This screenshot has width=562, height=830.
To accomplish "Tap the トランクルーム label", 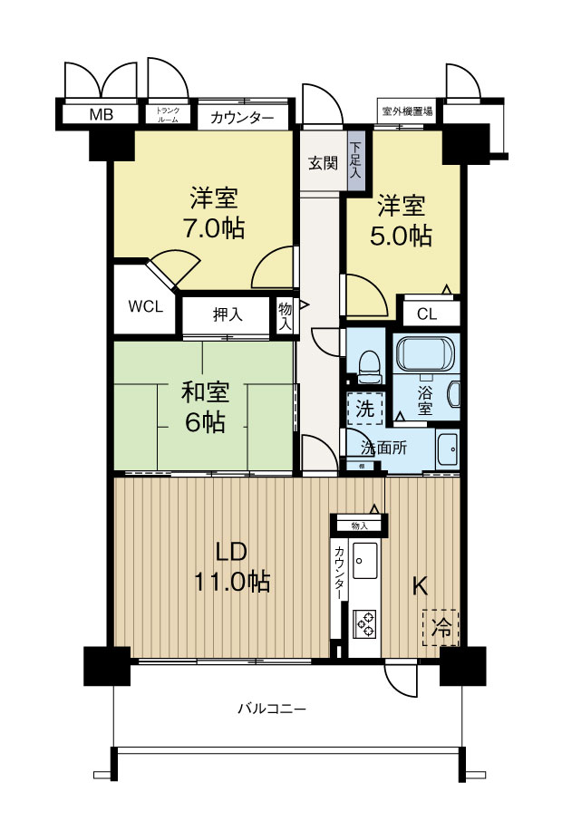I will (x=169, y=115).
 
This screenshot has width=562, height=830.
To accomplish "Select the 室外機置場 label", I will (x=407, y=112).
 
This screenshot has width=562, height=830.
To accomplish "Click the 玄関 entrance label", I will (x=322, y=163).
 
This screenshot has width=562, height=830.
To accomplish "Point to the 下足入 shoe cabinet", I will (x=356, y=160).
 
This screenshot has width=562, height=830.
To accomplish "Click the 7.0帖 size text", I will (x=214, y=228).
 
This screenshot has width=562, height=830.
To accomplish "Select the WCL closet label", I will (x=146, y=306).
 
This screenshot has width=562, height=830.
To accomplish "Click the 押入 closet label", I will (x=228, y=315).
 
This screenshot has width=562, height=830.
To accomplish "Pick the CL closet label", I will (x=427, y=314).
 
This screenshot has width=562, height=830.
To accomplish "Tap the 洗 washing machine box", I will (x=364, y=409).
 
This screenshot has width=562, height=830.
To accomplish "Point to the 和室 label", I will (x=205, y=392).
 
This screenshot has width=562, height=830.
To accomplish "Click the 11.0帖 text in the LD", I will (x=231, y=581).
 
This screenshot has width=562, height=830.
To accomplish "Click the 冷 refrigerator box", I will (x=441, y=626).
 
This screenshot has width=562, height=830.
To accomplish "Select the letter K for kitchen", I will (x=420, y=585).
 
